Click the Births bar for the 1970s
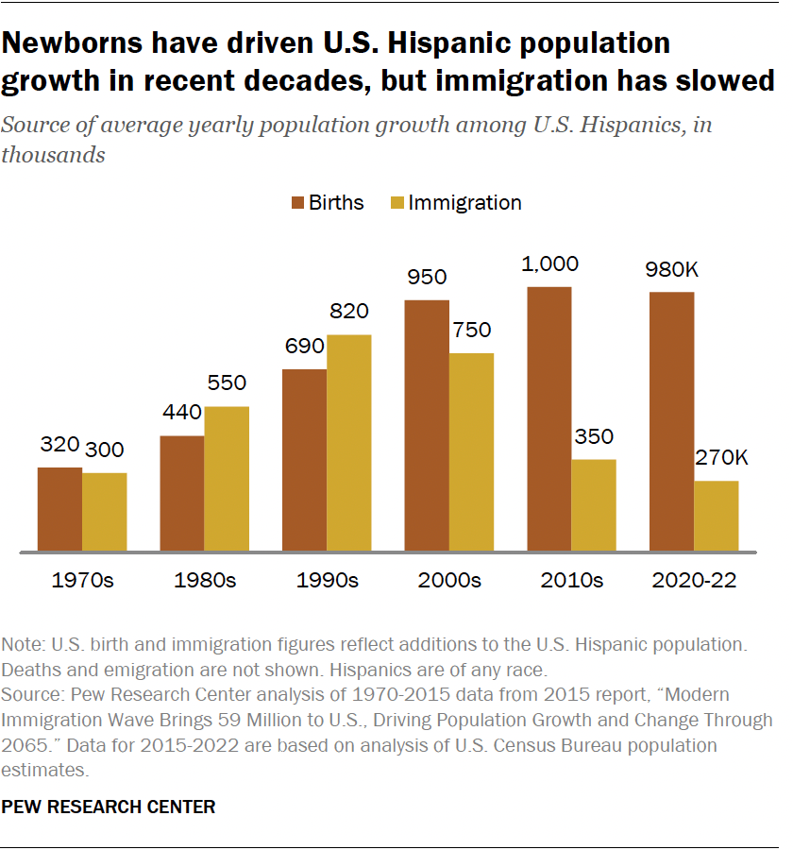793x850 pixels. pos(59,509)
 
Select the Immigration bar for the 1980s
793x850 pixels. pos(227,479)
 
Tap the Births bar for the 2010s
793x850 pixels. pos(549,419)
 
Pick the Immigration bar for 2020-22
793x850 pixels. pos(717,516)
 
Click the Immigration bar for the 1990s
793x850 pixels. pos(349,443)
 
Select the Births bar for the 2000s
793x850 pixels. pos(427,426)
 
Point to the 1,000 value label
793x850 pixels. pos(548,264)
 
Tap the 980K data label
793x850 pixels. pos(671,270)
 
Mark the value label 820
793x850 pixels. pos(349,313)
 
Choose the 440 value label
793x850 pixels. pos(181,414)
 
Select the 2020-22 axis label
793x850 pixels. pos(694,580)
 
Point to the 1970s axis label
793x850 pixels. pos(82,580)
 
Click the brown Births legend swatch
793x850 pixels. pos(297,203)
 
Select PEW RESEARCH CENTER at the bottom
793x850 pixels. pos(109,807)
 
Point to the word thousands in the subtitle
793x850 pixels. pos(53,155)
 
